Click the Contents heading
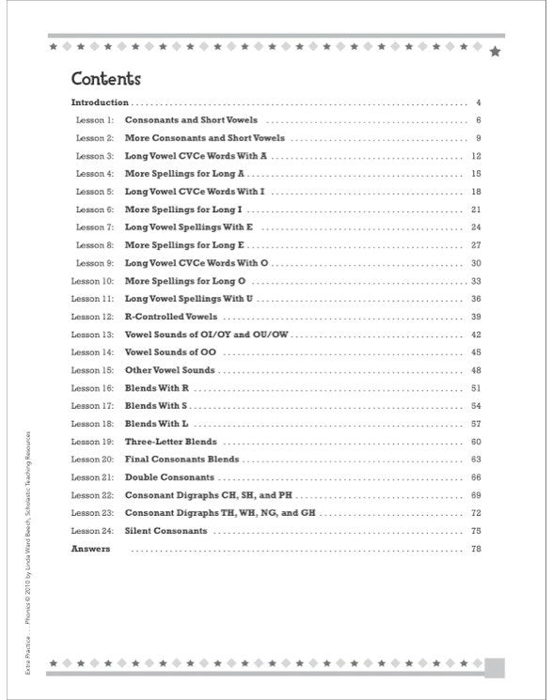pyautogui.click(x=106, y=79)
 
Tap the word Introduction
pyautogui.click(x=100, y=101)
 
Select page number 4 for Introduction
pyautogui.click(x=478, y=101)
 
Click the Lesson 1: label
pyautogui.click(x=94, y=120)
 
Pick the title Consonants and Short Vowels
pyautogui.click(x=191, y=120)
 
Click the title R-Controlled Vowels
pyautogui.click(x=171, y=317)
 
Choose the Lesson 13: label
pyautogui.click(x=92, y=334)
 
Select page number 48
pyautogui.click(x=476, y=370)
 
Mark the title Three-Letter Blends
pyautogui.click(x=171, y=442)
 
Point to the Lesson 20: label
pyautogui.click(x=92, y=459)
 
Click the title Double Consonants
pyautogui.click(x=169, y=477)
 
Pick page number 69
pyautogui.click(x=476, y=495)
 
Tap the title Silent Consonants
pyautogui.click(x=166, y=531)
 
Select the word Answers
pyautogui.click(x=90, y=549)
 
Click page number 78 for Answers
pyautogui.click(x=476, y=549)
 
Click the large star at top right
pyautogui.click(x=495, y=51)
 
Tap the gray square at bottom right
pyautogui.click(x=496, y=667)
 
